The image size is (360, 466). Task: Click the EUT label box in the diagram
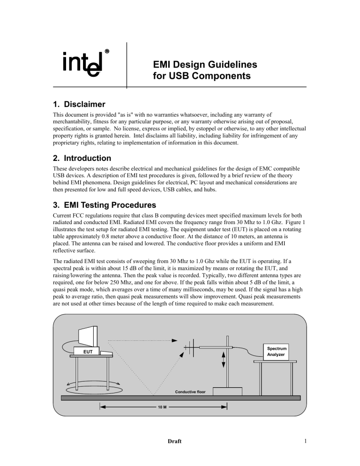coord(85,350)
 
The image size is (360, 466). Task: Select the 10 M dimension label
coord(161,407)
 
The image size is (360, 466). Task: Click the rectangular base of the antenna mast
coord(227,391)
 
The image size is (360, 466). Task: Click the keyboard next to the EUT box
coord(106,353)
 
